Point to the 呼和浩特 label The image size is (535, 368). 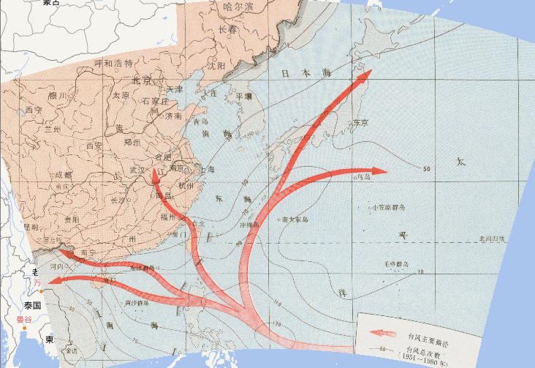click(x=114, y=64)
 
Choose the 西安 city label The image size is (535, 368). click(x=95, y=146)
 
